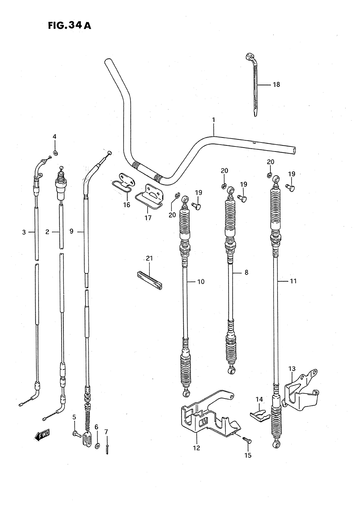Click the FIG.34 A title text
(x=69, y=26)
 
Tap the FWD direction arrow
(x=42, y=435)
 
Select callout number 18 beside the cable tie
(x=276, y=85)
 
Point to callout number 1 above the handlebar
(x=213, y=119)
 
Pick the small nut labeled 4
(x=55, y=153)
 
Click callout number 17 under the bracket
(x=148, y=218)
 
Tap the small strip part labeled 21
(x=150, y=280)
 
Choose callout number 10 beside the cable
(x=201, y=282)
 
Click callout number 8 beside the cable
(x=246, y=272)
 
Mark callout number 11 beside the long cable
(x=293, y=281)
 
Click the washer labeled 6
(x=97, y=446)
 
